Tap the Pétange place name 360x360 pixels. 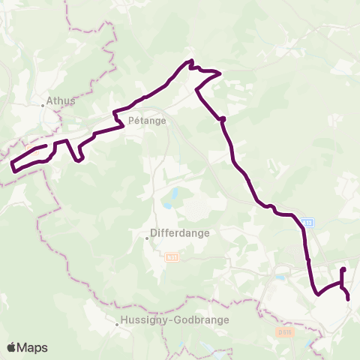pos(148,119)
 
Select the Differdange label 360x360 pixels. pos(180,232)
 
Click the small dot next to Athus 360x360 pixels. pos(43,106)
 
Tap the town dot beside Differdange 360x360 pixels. pos(148,238)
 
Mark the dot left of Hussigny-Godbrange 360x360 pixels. pos(118,325)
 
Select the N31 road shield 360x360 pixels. pos(172,257)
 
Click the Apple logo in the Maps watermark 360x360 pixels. pos(12,347)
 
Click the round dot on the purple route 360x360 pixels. pos(223,118)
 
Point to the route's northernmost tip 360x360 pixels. pos(192,61)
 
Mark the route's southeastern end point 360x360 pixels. pos(349,299)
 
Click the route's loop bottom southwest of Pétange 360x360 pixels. pos(79,159)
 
